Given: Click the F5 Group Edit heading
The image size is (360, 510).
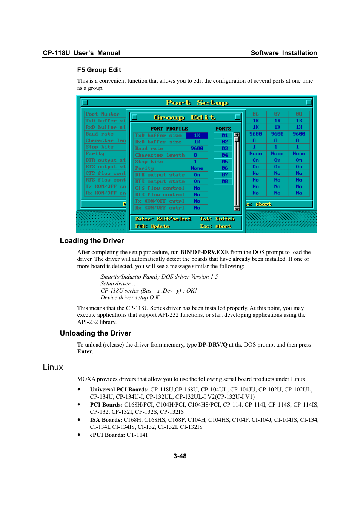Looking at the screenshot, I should click(x=99, y=70).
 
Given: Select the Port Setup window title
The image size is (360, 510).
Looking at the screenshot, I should click(x=197, y=103).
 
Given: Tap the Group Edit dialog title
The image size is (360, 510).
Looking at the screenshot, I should click(x=185, y=117).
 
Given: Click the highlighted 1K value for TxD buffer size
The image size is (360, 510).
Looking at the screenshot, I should click(x=197, y=135).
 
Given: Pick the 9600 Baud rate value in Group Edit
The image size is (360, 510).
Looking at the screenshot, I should click(x=197, y=148).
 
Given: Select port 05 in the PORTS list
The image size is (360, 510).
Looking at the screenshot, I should click(x=225, y=162).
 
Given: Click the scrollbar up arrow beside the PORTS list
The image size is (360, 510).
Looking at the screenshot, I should click(x=237, y=134).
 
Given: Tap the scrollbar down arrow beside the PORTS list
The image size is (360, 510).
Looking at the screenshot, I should click(x=237, y=208).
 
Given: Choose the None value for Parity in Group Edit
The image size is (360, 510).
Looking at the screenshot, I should click(x=197, y=168).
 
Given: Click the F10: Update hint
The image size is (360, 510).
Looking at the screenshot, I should click(x=152, y=226).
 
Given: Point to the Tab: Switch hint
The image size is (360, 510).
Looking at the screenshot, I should click(x=217, y=219).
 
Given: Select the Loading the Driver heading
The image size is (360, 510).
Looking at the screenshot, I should click(x=92, y=241).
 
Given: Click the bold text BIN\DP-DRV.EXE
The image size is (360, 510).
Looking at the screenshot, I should click(x=205, y=252).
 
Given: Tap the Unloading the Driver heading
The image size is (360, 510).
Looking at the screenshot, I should click(x=95, y=333).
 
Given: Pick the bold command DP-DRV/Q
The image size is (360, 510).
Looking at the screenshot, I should click(x=213, y=345).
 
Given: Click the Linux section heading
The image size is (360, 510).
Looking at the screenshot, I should click(x=53, y=367).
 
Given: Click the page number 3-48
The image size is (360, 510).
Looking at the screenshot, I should click(x=180, y=456).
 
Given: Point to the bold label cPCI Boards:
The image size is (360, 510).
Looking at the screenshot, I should click(x=108, y=435).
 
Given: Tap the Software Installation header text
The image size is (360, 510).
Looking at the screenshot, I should click(x=284, y=53).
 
